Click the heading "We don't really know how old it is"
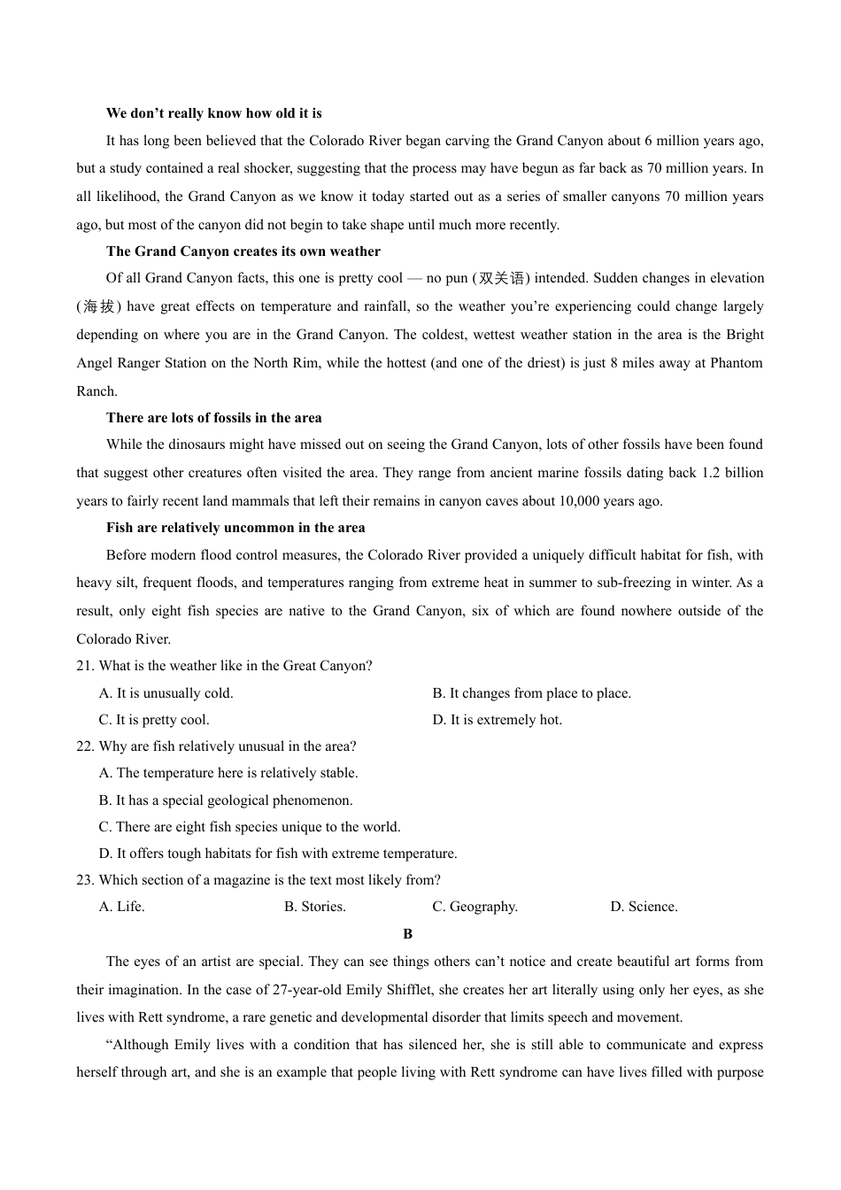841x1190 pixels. point(213,113)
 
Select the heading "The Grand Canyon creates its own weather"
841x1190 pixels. point(243,251)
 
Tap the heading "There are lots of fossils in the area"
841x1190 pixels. point(213,418)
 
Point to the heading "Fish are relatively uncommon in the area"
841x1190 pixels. point(235,528)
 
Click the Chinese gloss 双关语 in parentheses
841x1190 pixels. point(501,279)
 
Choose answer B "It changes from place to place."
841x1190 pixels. point(531,693)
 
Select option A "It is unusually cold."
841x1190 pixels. point(166,693)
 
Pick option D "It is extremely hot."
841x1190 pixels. point(497,720)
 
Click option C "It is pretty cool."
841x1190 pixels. point(154,720)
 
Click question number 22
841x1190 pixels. point(85,746)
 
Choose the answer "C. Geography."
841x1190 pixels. point(475,907)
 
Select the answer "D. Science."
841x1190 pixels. point(644,907)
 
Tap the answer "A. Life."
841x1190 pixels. point(121,907)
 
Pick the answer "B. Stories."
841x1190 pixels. point(314,907)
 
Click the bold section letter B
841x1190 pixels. point(407,934)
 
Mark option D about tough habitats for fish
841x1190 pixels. point(278,854)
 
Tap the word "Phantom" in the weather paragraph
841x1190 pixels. point(737,363)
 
